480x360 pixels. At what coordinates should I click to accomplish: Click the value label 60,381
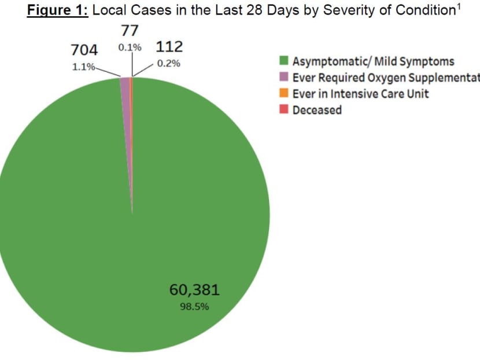194,289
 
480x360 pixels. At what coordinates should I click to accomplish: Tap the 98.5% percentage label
194,307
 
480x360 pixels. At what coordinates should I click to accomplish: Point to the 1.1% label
83,67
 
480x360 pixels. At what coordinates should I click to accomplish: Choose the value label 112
169,47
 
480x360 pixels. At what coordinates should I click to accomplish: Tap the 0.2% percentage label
168,63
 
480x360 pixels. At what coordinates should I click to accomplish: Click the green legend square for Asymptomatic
285,61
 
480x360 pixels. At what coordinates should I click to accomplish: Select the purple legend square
285,78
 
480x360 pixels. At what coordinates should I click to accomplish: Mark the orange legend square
285,94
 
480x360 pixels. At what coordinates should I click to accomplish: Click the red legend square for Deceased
285,110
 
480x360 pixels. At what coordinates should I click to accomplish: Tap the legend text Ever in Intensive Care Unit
361,94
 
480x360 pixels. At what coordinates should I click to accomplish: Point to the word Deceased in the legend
317,110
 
